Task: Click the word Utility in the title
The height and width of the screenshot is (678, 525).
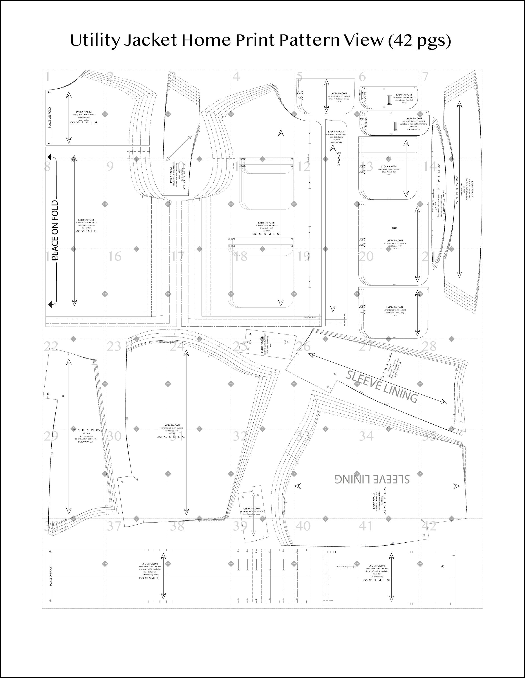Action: click(x=94, y=41)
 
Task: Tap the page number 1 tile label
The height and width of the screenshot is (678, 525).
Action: click(x=47, y=76)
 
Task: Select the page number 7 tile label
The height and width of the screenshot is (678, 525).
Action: click(x=425, y=76)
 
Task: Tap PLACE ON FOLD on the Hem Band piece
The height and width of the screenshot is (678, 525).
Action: click(x=51, y=576)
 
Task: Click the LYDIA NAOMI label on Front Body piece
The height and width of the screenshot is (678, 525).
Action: click(x=266, y=223)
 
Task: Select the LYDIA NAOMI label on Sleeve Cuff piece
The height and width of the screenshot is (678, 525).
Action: click(x=377, y=566)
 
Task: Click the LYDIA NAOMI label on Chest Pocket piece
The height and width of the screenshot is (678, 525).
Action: click(x=389, y=166)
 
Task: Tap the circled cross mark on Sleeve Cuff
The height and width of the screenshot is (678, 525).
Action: click(x=443, y=567)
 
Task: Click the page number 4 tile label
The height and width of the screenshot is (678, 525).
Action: click(x=236, y=76)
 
